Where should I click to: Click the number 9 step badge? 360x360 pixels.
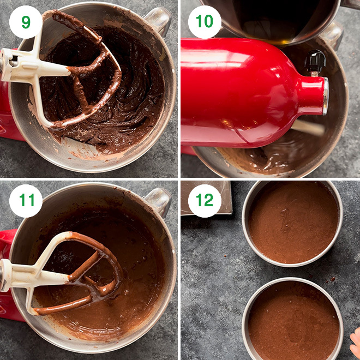pos(26,22)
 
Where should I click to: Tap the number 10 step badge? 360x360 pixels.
pos(205,22)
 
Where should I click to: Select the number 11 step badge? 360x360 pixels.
pos(26,201)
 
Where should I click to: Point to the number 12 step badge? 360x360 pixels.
pos(205,201)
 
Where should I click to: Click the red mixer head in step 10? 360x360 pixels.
pos(245,93)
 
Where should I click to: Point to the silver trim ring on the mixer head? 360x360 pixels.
pos(325,96)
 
